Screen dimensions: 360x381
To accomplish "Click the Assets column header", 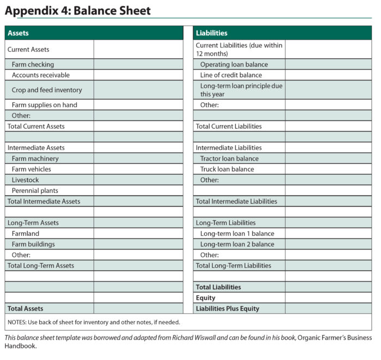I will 19,33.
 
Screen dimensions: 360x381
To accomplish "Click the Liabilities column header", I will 212,33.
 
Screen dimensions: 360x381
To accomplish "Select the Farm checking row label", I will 33,64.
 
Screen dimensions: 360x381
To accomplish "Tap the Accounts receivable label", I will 41,75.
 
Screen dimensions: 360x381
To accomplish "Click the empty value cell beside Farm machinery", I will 138,158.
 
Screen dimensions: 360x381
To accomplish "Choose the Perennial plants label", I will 35,191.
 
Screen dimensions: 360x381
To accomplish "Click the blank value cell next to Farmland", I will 138,234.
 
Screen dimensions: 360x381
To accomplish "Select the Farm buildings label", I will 33,245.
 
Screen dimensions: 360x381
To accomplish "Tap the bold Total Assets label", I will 25,309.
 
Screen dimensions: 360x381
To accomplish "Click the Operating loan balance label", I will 234,64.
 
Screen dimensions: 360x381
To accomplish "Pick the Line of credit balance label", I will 231,75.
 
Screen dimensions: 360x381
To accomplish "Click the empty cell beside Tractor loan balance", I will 328,158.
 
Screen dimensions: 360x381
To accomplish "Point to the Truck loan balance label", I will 227,169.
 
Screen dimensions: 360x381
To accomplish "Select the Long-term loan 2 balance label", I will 237,245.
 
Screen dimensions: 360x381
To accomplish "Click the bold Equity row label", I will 206,298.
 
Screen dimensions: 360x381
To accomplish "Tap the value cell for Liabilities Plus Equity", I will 328,309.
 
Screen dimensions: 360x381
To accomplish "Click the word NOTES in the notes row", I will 17,322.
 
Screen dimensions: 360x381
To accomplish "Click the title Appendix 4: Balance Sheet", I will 78,10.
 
